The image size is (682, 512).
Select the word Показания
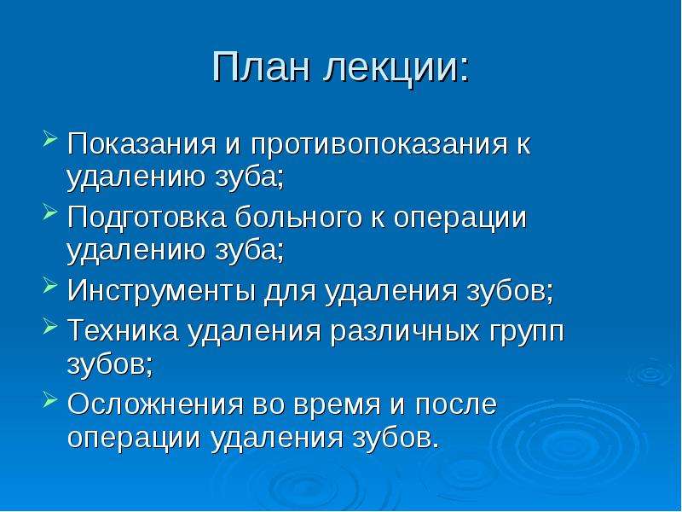coord(142,143)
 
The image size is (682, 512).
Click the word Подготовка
coord(147,218)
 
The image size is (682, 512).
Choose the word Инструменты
coord(161,291)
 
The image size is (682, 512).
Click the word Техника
coord(123,330)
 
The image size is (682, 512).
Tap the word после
coord(456,404)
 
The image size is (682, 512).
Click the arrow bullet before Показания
coord(50,139)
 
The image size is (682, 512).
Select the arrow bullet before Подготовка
coord(50,212)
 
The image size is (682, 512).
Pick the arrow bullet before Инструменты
coord(50,286)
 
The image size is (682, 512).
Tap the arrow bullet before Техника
coord(50,326)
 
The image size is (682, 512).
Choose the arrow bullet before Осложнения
coord(50,399)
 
